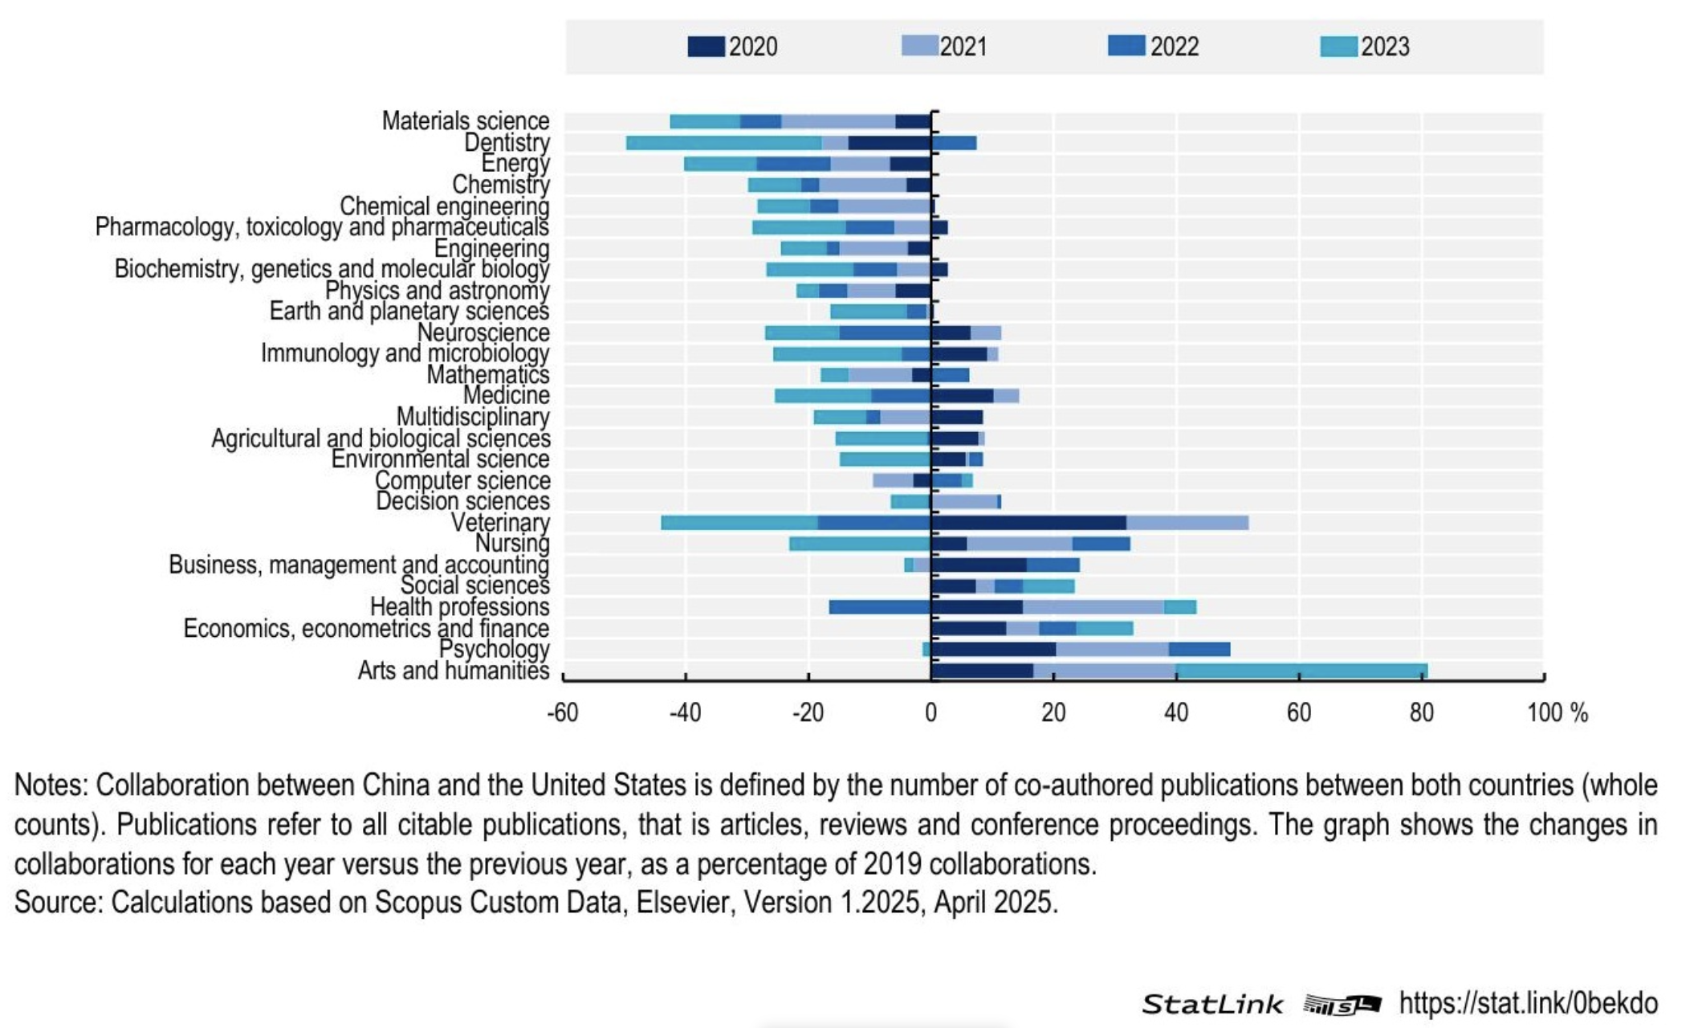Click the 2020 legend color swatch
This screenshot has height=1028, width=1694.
coord(706,47)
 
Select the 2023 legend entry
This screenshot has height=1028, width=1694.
coord(1365,47)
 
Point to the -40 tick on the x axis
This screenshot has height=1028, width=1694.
coord(685,712)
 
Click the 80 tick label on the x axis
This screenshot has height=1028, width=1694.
coord(1421,712)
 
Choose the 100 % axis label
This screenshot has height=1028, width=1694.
coord(1557,712)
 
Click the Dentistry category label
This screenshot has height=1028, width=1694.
coord(507,143)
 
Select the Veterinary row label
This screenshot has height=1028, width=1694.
coord(500,523)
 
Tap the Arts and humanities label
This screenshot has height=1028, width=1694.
coord(454,671)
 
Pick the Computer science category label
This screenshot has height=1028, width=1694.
coord(462,480)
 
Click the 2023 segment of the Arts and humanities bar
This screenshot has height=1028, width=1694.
coord(1301,671)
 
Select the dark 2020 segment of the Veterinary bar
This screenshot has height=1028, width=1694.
coord(1028,523)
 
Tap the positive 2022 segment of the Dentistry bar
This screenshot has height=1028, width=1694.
coord(955,143)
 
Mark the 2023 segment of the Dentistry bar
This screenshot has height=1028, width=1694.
coord(723,143)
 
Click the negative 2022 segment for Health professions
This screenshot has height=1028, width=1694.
coord(879,607)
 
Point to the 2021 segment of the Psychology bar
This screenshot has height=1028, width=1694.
coord(1112,649)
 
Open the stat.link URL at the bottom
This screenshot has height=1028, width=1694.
coord(1528,1003)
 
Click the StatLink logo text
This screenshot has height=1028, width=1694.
coord(1212,1004)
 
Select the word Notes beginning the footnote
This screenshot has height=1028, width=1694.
coord(50,785)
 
